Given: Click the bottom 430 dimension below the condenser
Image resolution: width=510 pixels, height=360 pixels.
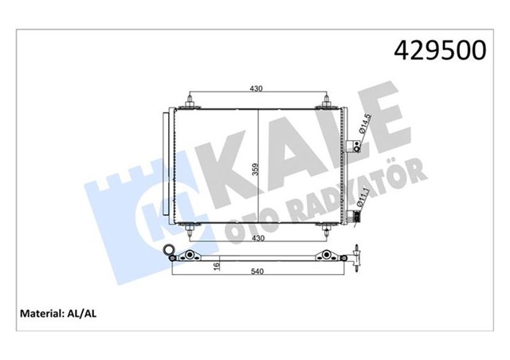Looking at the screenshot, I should click(256, 237).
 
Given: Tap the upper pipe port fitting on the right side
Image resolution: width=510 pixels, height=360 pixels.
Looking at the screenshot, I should click(356, 147).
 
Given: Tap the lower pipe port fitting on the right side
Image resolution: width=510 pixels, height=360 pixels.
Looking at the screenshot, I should click(355, 216).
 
